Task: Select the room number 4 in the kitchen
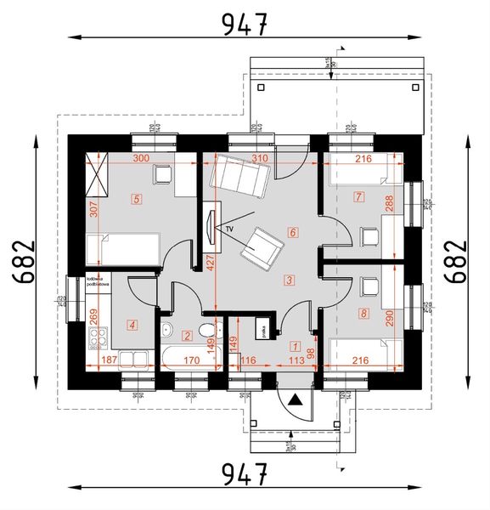click(x=132, y=323)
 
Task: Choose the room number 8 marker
click(x=363, y=314)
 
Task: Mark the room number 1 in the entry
click(x=295, y=346)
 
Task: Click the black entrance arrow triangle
click(x=294, y=398)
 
